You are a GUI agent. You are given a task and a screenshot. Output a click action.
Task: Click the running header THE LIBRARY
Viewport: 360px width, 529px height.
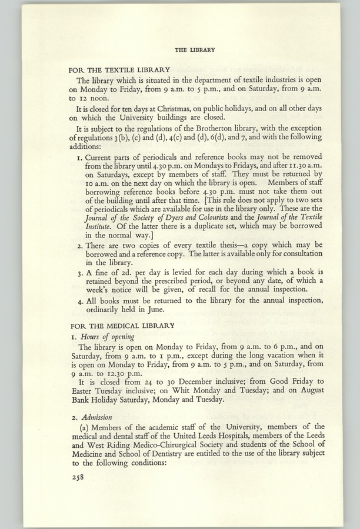(x=195, y=50)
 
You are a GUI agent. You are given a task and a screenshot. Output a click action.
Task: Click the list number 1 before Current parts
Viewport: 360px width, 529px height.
(x=81, y=159)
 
